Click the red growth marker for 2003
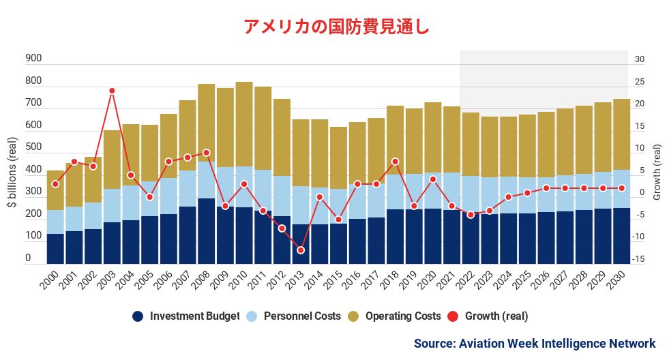112,91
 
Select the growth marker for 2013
301,250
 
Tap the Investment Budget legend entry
185,316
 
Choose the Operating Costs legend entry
393,316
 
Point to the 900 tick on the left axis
33,59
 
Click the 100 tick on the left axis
33,236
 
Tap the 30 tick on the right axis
639,59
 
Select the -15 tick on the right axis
638,259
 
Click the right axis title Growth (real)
657,172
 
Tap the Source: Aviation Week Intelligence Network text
534,344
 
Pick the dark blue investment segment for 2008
206,231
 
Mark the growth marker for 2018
395,162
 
